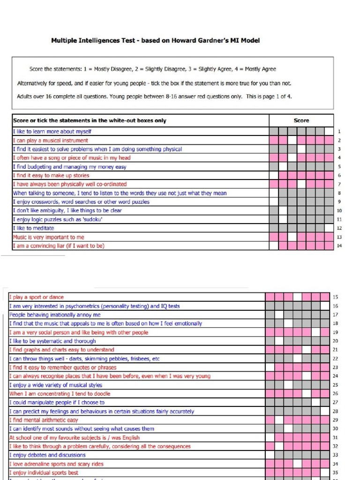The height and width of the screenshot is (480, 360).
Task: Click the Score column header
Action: coord(301,120)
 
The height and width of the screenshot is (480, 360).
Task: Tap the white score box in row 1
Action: coord(329,132)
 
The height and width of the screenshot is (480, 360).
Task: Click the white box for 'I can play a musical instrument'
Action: coord(292,140)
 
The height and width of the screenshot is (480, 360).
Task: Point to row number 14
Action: coord(339,246)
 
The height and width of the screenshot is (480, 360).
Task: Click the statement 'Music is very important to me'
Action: coord(49,237)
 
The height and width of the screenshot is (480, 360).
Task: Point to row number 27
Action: coord(335,403)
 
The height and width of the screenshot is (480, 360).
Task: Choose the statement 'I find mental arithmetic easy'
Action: coord(44,420)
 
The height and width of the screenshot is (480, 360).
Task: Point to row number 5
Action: coord(339,167)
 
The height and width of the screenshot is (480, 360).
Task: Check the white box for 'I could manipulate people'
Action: coord(316,403)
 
